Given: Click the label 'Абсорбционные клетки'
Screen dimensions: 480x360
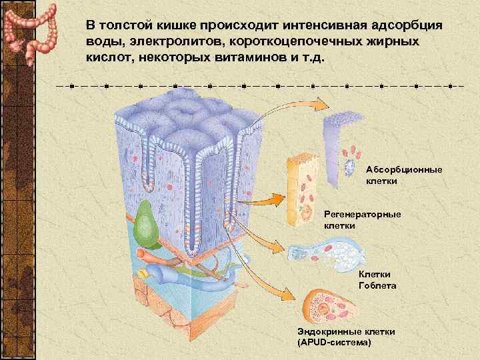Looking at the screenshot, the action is point(403,175).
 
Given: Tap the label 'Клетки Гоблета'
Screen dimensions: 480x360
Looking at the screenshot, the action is point(377,279).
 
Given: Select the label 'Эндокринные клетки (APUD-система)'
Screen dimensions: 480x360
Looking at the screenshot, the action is point(347,336).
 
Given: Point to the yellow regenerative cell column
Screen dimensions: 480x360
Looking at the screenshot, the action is point(301,190).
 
